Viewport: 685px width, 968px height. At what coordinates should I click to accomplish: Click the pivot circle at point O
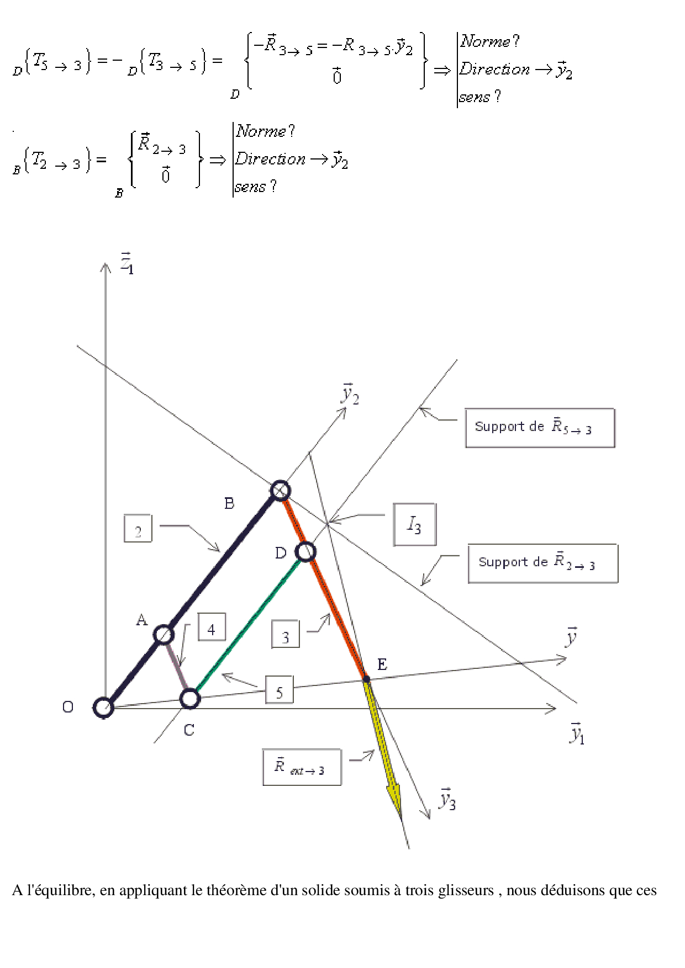[x=103, y=707]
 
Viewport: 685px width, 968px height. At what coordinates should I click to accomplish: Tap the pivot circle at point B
[x=280, y=490]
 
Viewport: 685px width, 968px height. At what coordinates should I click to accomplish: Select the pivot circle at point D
[x=305, y=551]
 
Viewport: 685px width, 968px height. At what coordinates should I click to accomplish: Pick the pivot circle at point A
[x=164, y=635]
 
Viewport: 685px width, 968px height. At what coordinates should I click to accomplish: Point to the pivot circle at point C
[x=190, y=699]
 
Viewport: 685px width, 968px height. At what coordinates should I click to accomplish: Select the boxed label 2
[x=138, y=528]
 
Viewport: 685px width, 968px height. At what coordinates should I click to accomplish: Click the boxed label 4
[x=212, y=627]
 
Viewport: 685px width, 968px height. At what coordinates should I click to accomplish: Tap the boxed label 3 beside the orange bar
[x=286, y=634]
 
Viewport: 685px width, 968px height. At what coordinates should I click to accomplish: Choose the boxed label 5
[x=280, y=690]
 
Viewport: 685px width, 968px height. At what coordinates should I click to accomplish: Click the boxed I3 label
[x=415, y=525]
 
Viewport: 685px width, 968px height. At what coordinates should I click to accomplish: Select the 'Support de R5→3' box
[x=540, y=428]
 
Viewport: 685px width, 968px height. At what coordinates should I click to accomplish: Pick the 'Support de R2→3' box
[x=543, y=563]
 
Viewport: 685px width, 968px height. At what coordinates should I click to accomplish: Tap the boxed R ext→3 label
[x=302, y=767]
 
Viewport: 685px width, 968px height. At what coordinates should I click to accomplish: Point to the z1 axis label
[x=127, y=263]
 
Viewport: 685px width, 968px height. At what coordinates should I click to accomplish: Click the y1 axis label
[x=577, y=733]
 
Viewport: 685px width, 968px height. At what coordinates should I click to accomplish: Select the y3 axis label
[x=447, y=799]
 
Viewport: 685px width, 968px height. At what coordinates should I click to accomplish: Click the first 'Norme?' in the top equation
[x=490, y=41]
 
